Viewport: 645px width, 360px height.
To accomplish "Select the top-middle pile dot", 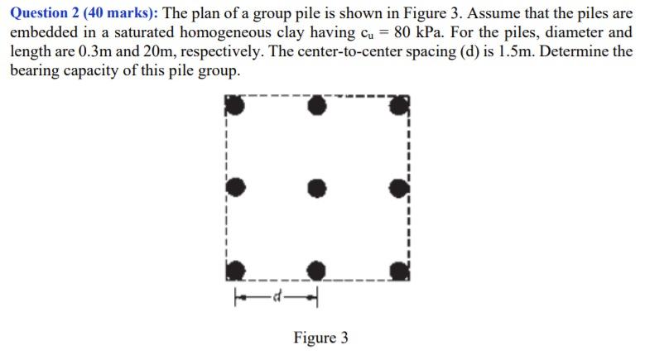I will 317,106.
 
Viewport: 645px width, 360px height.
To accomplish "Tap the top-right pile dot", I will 399,106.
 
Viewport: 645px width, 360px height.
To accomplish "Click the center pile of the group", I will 317,189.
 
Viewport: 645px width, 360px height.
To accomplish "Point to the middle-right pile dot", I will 399,189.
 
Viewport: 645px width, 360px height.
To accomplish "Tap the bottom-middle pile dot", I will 317,270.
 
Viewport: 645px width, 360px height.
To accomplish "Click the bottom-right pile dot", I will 399,270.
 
